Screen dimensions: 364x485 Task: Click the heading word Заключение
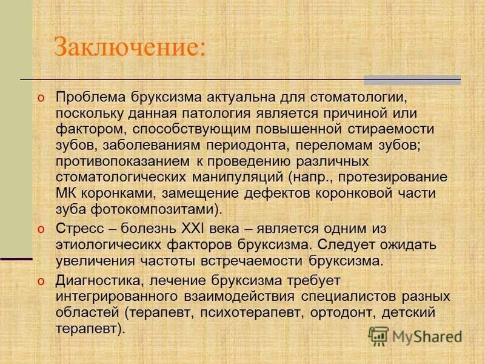[x=130, y=47]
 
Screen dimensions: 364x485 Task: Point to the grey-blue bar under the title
[x=412, y=79]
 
